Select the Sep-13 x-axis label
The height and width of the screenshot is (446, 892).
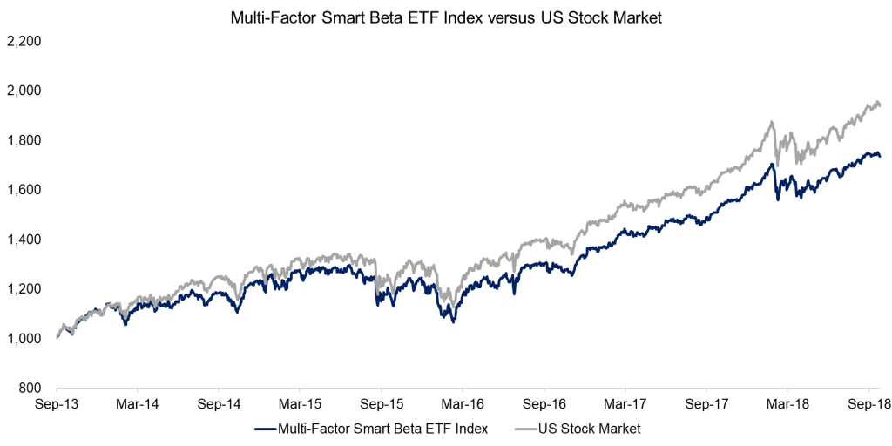(57, 405)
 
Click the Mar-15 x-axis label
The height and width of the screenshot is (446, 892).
(300, 405)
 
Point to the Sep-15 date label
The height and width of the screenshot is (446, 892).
(381, 405)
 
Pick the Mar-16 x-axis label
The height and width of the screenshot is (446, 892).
(463, 405)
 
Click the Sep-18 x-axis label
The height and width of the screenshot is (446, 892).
(868, 405)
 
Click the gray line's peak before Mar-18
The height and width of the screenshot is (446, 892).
(772, 122)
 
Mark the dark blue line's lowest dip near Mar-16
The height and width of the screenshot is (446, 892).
(453, 322)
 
